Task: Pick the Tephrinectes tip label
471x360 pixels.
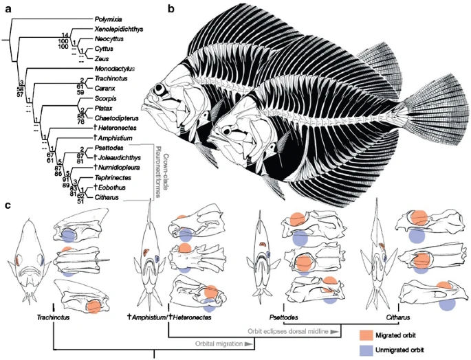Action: click(x=110, y=175)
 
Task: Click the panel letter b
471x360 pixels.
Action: click(x=171, y=9)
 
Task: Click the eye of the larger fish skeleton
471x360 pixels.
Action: click(x=159, y=90)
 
